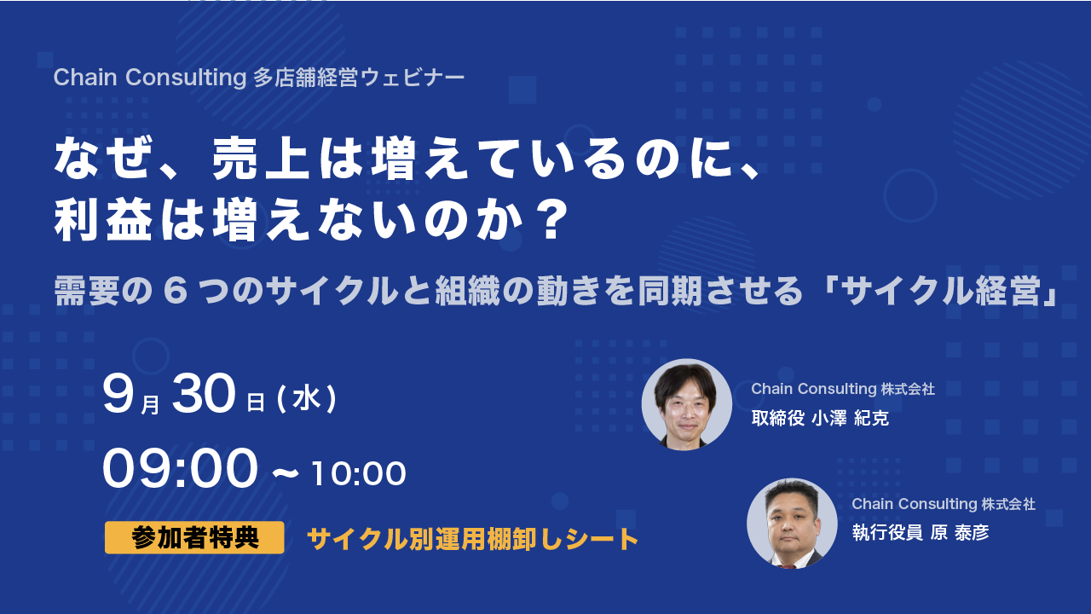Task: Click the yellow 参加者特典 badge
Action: click(x=194, y=537)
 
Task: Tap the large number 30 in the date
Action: click(x=204, y=394)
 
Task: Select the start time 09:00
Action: click(x=180, y=469)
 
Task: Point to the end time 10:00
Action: click(x=358, y=473)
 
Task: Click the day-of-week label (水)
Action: click(x=307, y=399)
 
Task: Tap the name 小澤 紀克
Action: click(x=850, y=419)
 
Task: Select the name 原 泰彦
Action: click(x=960, y=533)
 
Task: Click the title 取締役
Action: click(x=778, y=419)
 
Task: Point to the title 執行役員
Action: click(x=887, y=533)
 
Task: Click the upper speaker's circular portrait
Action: click(x=687, y=404)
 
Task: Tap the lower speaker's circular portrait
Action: click(x=792, y=524)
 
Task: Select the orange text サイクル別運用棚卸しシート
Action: click(x=472, y=539)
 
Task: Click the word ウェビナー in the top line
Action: click(x=413, y=78)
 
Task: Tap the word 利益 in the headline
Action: click(x=103, y=221)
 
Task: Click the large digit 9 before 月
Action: click(x=118, y=394)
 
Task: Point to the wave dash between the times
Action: click(x=285, y=472)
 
